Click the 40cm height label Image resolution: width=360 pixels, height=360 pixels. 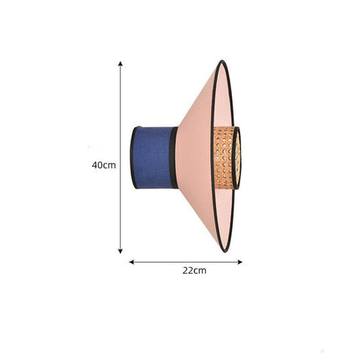click(x=104, y=165)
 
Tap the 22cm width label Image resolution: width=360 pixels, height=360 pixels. click(x=194, y=270)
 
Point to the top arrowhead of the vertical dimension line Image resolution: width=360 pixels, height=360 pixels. click(x=121, y=64)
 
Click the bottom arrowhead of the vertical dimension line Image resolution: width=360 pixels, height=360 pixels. click(x=121, y=251)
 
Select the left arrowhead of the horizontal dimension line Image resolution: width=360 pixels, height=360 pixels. click(x=131, y=262)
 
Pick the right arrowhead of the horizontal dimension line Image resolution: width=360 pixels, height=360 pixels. click(x=239, y=262)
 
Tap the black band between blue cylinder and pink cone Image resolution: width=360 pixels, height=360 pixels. click(x=173, y=157)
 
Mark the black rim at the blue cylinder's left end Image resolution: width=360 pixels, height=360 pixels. click(x=133, y=157)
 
